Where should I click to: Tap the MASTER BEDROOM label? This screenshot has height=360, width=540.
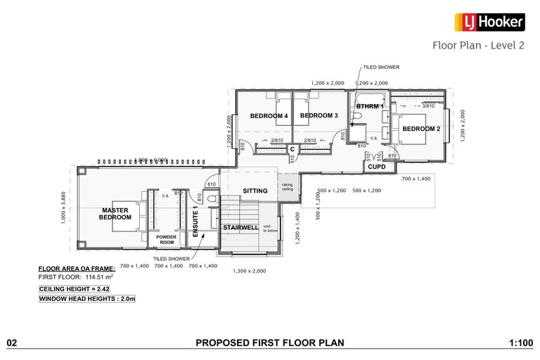(x=117, y=213)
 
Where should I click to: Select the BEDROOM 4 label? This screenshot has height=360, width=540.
(x=269, y=115)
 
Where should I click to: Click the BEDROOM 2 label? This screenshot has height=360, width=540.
(x=422, y=128)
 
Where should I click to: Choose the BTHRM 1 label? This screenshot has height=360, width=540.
(x=370, y=106)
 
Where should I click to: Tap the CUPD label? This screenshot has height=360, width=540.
(x=376, y=167)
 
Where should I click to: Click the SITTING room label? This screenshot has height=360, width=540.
(x=255, y=191)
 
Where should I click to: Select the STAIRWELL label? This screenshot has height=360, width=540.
(x=240, y=228)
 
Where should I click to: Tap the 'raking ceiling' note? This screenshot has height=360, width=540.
(x=288, y=186)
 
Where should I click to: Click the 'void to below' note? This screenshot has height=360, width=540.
(x=271, y=228)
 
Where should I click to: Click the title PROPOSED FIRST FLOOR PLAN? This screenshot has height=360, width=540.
(x=269, y=343)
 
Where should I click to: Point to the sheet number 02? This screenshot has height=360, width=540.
(x=11, y=343)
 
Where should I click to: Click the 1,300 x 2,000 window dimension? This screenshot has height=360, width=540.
(x=250, y=271)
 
